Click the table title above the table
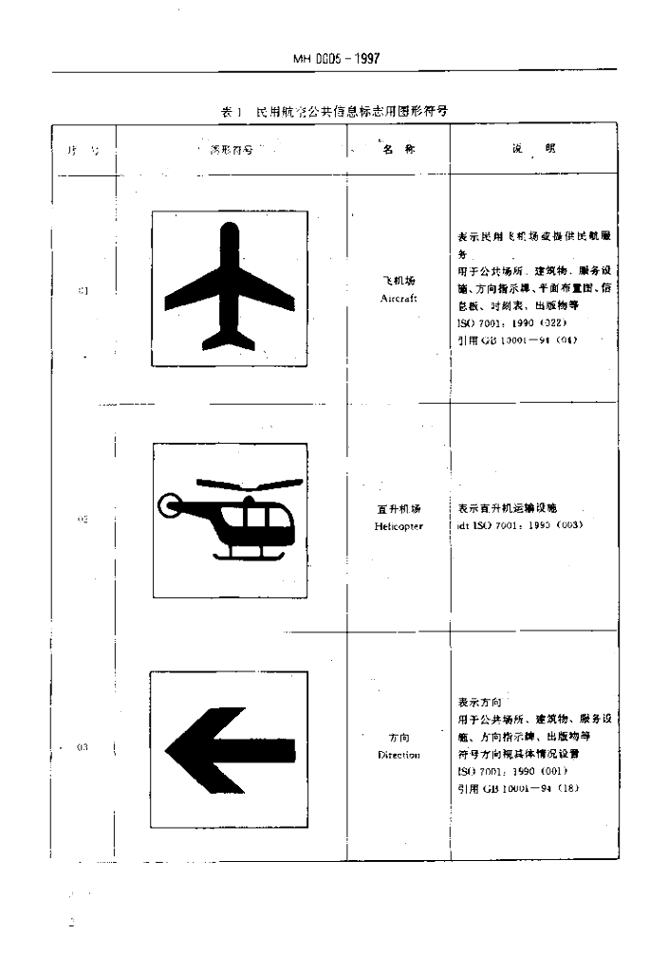click(x=334, y=111)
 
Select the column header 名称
click(x=399, y=149)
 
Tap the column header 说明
click(x=532, y=149)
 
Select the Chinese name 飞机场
click(x=399, y=282)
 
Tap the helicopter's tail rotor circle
click(x=172, y=506)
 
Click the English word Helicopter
click(x=399, y=524)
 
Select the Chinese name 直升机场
click(x=399, y=509)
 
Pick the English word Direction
click(x=399, y=755)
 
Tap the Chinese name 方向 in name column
click(x=399, y=738)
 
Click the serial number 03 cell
click(x=82, y=747)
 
